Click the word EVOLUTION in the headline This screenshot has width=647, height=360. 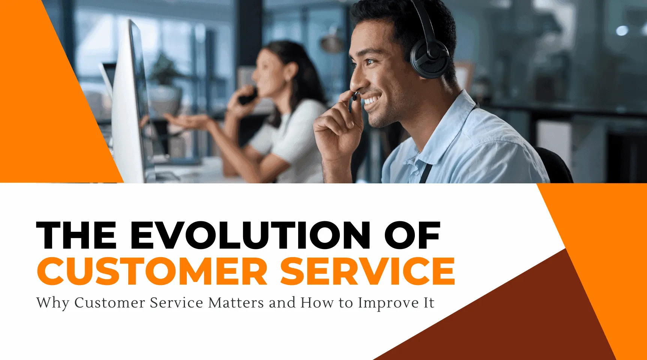tap(250, 235)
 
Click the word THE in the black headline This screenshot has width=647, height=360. tap(77, 235)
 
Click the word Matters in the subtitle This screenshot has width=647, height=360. tap(236, 303)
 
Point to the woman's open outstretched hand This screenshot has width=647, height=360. tap(188, 121)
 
